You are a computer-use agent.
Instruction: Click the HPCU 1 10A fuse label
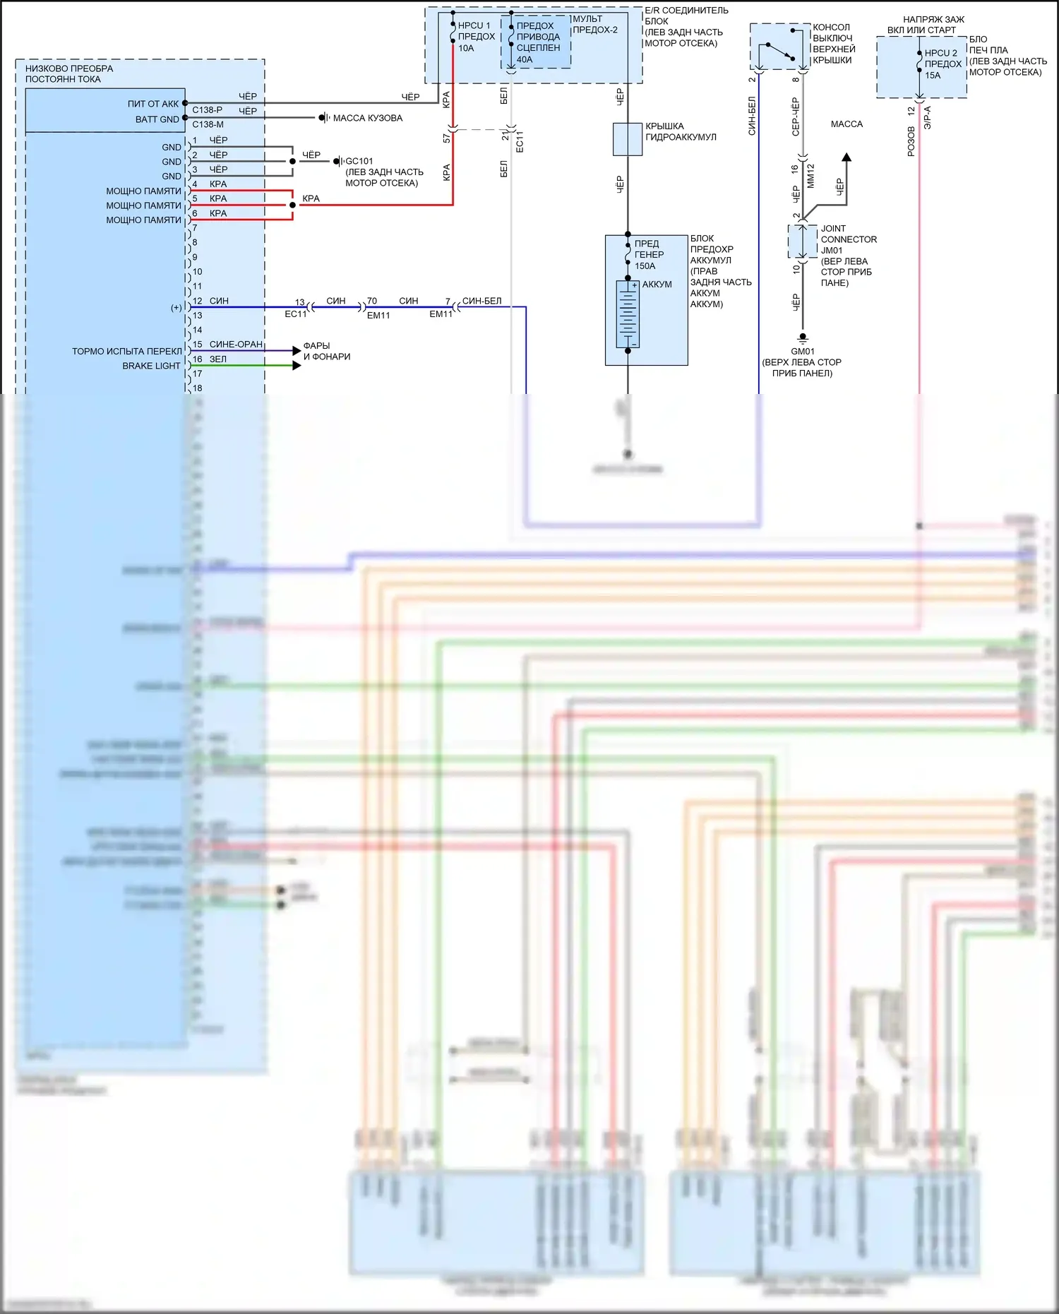click(475, 37)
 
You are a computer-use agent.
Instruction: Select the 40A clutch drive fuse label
click(538, 42)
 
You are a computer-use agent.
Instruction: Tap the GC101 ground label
click(359, 161)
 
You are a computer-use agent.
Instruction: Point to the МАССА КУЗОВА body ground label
click(367, 118)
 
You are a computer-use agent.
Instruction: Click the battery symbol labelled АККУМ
click(628, 314)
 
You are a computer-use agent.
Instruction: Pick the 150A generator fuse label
click(648, 255)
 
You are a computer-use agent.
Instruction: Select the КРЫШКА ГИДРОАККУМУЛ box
click(628, 139)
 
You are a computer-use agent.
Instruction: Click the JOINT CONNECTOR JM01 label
click(848, 239)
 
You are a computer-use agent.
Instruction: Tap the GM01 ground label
click(803, 351)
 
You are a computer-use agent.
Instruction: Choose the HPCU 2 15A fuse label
click(942, 64)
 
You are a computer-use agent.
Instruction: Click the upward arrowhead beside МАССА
click(846, 157)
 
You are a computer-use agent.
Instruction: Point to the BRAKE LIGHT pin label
click(151, 366)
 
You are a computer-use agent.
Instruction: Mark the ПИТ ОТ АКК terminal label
click(153, 104)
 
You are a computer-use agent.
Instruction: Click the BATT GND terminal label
click(157, 119)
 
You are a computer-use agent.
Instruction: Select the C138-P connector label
click(207, 110)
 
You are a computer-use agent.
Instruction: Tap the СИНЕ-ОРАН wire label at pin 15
click(236, 344)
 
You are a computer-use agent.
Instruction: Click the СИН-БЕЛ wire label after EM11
click(481, 301)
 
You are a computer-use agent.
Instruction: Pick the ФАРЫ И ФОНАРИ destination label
click(326, 351)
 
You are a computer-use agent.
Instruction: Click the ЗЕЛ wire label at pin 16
click(218, 359)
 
